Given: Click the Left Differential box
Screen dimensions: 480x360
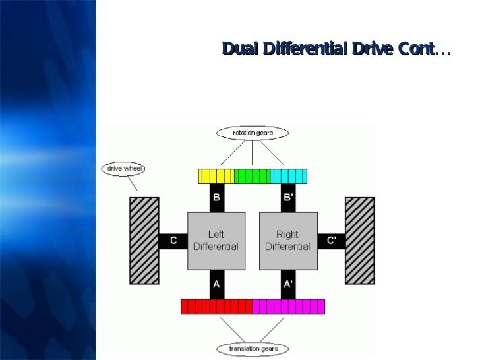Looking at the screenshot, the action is [216, 241].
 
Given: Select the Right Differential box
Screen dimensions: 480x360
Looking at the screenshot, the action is [287, 241].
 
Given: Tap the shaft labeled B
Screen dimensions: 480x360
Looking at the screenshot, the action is [216, 197].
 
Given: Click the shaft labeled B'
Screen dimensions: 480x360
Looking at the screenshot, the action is [288, 197].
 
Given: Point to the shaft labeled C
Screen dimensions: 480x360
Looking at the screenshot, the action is [173, 241].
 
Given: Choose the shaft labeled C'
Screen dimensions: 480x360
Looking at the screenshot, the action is [330, 241].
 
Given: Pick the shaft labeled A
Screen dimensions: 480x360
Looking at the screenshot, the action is [216, 284].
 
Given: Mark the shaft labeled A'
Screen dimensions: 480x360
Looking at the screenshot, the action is [288, 284].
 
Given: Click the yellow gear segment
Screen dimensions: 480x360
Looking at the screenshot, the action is [216, 176].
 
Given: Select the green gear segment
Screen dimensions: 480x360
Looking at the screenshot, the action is [253, 176].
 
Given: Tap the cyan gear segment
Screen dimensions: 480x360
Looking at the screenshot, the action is [289, 176].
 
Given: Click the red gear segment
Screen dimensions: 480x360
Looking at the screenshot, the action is [216, 306].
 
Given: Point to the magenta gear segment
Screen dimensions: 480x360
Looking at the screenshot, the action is [289, 306].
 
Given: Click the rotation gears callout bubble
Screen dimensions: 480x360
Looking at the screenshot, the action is [253, 133].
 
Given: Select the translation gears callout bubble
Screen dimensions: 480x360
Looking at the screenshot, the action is [253, 348].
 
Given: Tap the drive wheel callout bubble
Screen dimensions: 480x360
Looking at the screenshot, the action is [123, 168].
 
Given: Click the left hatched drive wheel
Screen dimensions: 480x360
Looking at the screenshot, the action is [144, 241].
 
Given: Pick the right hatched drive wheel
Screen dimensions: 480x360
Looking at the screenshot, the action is [360, 241].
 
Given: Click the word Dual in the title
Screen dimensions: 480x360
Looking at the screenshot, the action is [240, 49].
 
